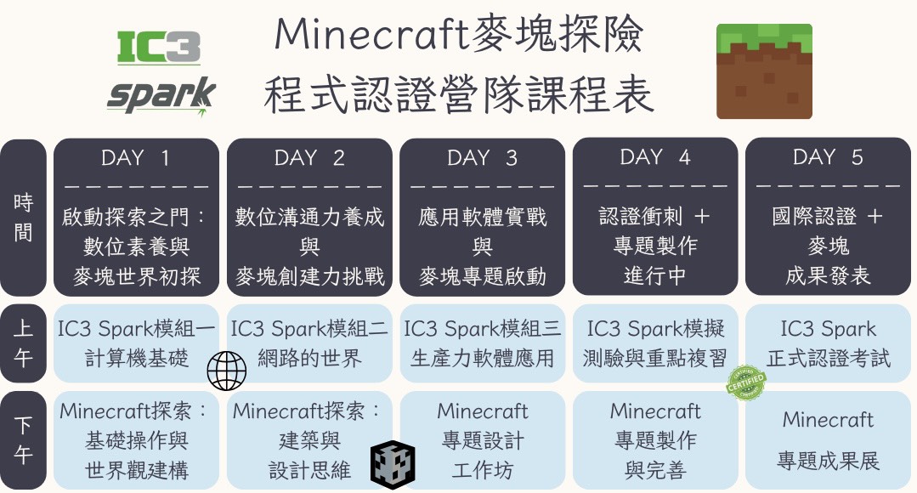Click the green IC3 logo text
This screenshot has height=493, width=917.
click(x=158, y=47)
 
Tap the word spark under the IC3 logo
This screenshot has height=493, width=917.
click(x=161, y=95)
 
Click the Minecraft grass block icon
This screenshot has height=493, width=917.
click(x=764, y=71)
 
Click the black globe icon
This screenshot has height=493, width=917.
click(x=227, y=371)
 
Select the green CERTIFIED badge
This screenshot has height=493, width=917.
click(x=745, y=383)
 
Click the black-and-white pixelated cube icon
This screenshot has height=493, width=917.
click(x=393, y=465)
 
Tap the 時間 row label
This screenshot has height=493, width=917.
click(x=24, y=218)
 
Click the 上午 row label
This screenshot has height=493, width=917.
click(x=24, y=343)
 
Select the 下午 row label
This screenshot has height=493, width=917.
click(x=24, y=439)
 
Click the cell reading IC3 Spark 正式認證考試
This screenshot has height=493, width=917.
click(x=828, y=343)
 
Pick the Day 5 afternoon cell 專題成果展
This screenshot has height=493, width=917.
click(x=828, y=439)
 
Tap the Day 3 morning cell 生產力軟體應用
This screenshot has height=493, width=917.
click(x=483, y=343)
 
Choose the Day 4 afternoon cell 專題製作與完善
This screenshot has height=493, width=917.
click(x=655, y=439)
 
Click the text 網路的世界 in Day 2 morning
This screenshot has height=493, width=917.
click(x=309, y=358)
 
